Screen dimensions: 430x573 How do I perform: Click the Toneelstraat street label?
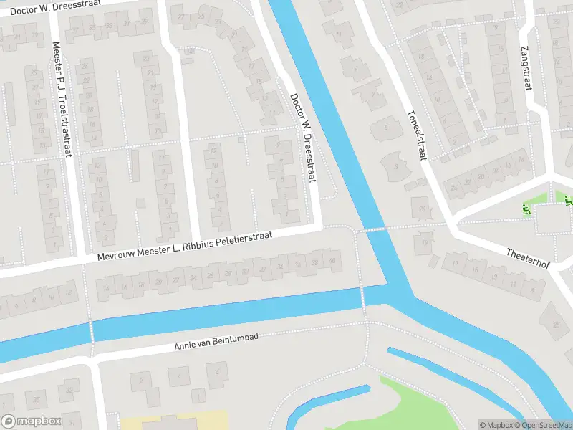pos(417,134)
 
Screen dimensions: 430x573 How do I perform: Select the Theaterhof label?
pos(528,258)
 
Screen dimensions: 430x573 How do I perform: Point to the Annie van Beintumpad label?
pos(216,341)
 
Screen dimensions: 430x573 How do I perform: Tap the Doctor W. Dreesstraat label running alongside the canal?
pos(303,138)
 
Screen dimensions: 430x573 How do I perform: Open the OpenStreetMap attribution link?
pos(545,425)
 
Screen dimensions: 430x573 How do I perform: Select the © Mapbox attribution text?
pos(496,425)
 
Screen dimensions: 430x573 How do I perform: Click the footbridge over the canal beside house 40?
pos(362,294)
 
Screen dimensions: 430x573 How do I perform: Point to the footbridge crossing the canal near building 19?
pos(371,229)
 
